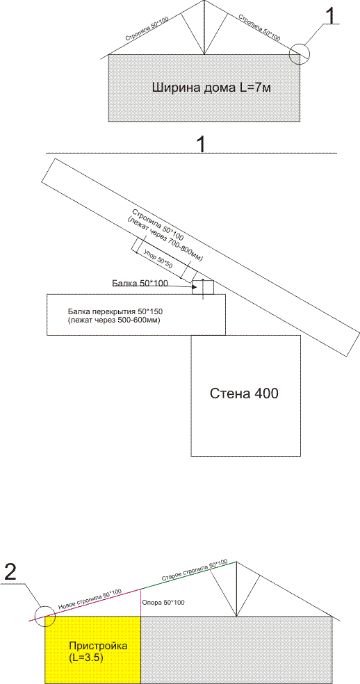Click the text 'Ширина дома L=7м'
[x=212, y=88]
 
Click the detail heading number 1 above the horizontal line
[x=201, y=144]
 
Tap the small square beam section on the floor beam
[x=203, y=287]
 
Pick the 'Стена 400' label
[x=245, y=394]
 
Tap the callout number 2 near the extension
[x=10, y=572]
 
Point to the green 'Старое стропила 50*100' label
[x=195, y=569]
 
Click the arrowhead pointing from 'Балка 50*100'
[x=192, y=286]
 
